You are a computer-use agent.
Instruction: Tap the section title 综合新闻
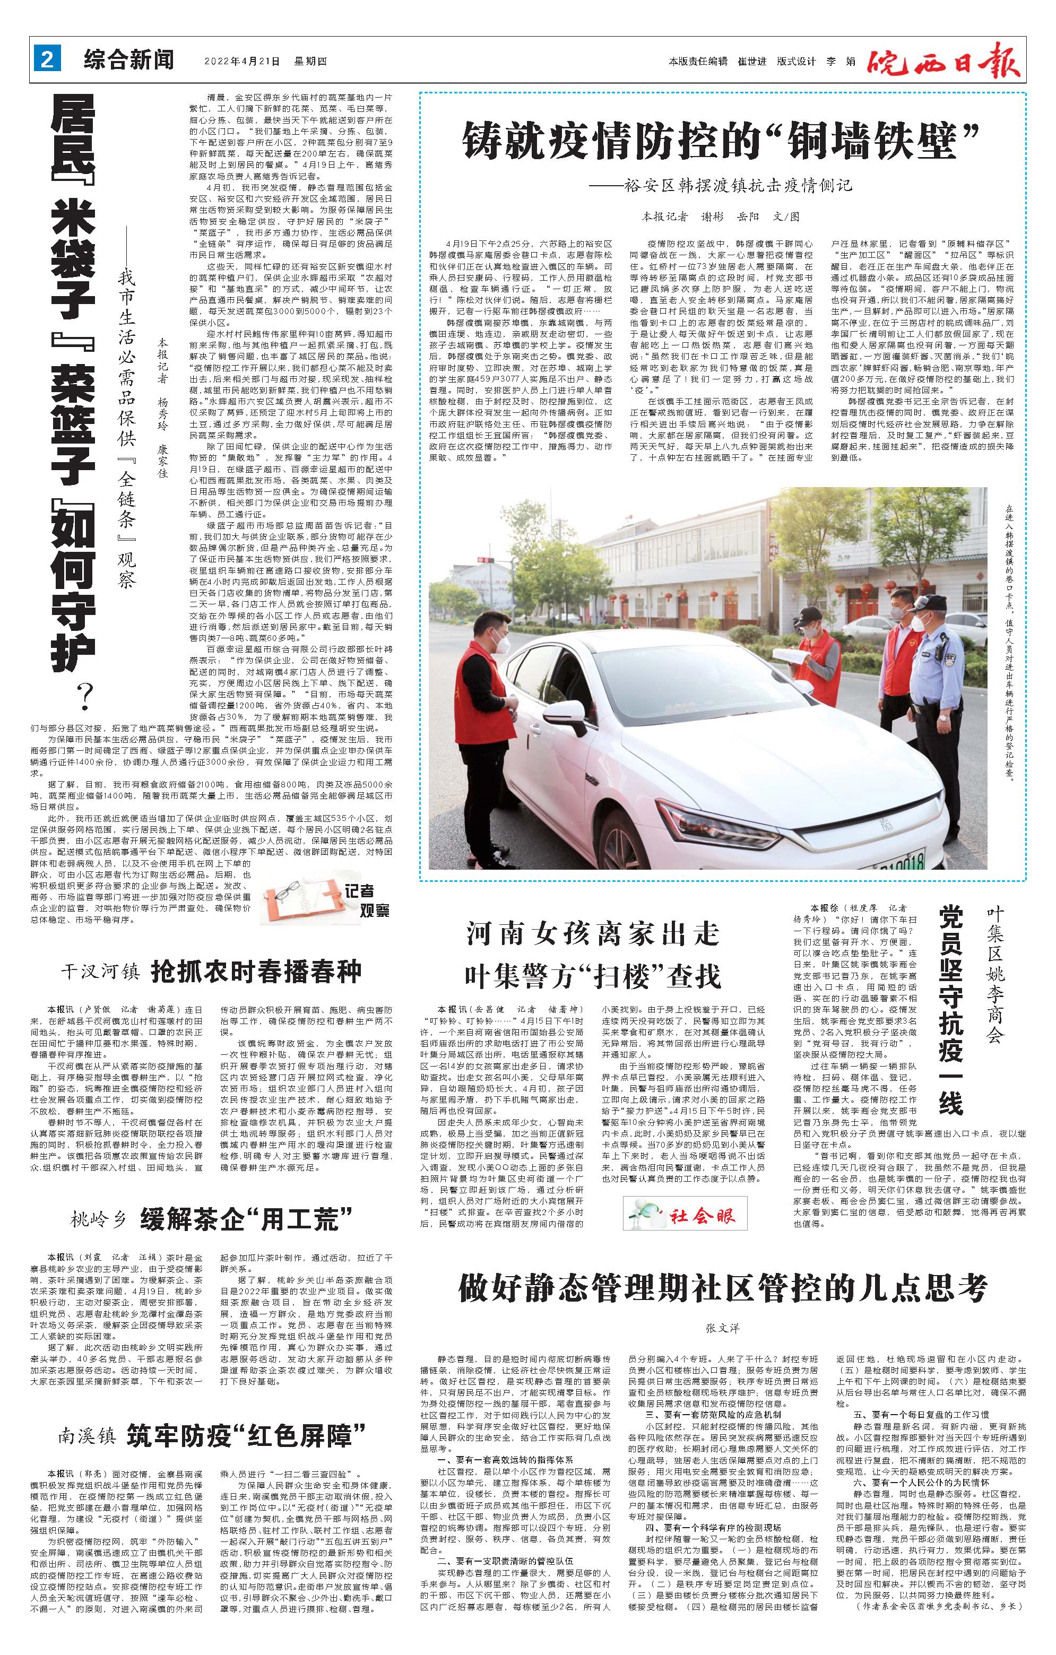pos(128,60)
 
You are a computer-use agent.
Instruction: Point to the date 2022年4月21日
pos(242,61)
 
